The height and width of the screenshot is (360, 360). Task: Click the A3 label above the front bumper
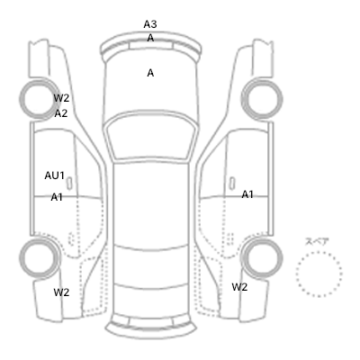click(150, 24)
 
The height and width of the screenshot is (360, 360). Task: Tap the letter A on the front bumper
click(150, 38)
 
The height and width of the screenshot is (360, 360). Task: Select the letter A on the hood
click(150, 73)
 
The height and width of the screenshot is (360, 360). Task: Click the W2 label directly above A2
click(61, 98)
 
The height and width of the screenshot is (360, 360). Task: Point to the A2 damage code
click(61, 113)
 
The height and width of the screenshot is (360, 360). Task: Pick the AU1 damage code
click(55, 175)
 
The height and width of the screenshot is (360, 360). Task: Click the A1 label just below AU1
click(57, 197)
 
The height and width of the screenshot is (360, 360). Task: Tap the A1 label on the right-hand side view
click(247, 194)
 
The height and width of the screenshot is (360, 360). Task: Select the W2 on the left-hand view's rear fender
click(61, 292)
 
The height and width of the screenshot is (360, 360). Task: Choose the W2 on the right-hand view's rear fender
click(239, 287)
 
